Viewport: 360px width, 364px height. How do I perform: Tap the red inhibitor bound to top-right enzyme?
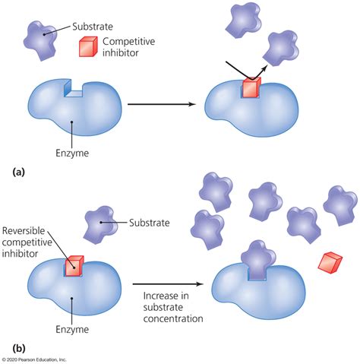pyautogui.click(x=251, y=88)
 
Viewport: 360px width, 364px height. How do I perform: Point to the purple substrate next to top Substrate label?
pyautogui.click(x=41, y=37)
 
